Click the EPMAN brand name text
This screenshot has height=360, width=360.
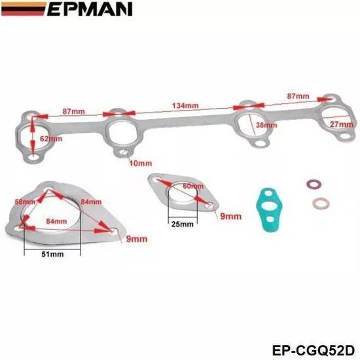[90, 9]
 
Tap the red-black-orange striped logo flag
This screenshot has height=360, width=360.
[23, 9]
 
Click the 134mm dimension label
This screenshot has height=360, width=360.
[185, 105]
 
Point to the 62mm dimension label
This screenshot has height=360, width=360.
[51, 139]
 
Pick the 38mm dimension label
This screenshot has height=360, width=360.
[266, 125]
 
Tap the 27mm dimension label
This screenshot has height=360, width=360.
[342, 124]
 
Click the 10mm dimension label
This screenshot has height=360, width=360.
[141, 164]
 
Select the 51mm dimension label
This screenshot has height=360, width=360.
[52, 254]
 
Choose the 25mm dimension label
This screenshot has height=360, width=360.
[183, 224]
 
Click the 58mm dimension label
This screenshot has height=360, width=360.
[25, 202]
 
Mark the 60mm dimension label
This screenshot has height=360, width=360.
[193, 186]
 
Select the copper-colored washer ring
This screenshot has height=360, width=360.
[321, 204]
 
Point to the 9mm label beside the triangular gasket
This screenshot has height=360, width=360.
[137, 239]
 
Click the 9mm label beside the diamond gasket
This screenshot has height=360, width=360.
[231, 216]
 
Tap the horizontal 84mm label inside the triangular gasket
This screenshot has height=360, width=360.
[56, 221]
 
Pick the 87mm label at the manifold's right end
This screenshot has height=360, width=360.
[298, 96]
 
